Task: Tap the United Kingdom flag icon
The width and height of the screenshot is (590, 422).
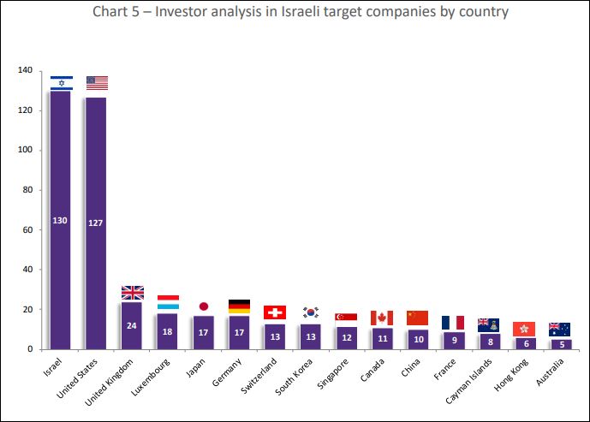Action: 133,293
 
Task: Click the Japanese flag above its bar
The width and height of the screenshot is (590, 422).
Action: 204,306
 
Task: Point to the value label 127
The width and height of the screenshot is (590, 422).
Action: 97,223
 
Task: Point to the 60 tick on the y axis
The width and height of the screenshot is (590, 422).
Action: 27,229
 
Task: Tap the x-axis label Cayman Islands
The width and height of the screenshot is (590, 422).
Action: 467,383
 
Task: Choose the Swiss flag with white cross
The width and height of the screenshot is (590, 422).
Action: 275,312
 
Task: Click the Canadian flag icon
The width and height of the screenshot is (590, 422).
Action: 382,318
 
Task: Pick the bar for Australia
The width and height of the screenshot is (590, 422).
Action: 559,343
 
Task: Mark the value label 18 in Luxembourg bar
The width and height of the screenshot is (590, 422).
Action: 168,331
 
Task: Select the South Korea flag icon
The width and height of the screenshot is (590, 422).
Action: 311,312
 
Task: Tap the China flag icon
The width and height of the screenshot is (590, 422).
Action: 417,318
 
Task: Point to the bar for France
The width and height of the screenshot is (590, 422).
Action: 453,340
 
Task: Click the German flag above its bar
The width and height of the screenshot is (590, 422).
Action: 240,306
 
